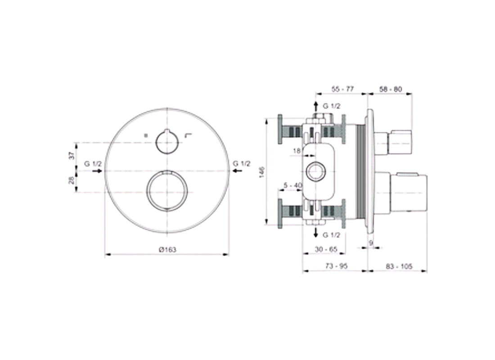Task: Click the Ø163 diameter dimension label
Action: [x=167, y=251]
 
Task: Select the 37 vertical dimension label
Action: [x=71, y=156]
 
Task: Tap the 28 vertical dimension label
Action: [x=71, y=181]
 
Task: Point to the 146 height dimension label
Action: [x=262, y=172]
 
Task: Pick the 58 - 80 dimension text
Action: [x=390, y=90]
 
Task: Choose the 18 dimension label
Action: [x=297, y=151]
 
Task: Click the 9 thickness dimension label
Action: [x=371, y=243]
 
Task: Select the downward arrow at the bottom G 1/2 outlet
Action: [x=315, y=233]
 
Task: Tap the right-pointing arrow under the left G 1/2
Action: [x=96, y=171]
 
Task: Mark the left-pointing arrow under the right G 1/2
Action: [x=237, y=171]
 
